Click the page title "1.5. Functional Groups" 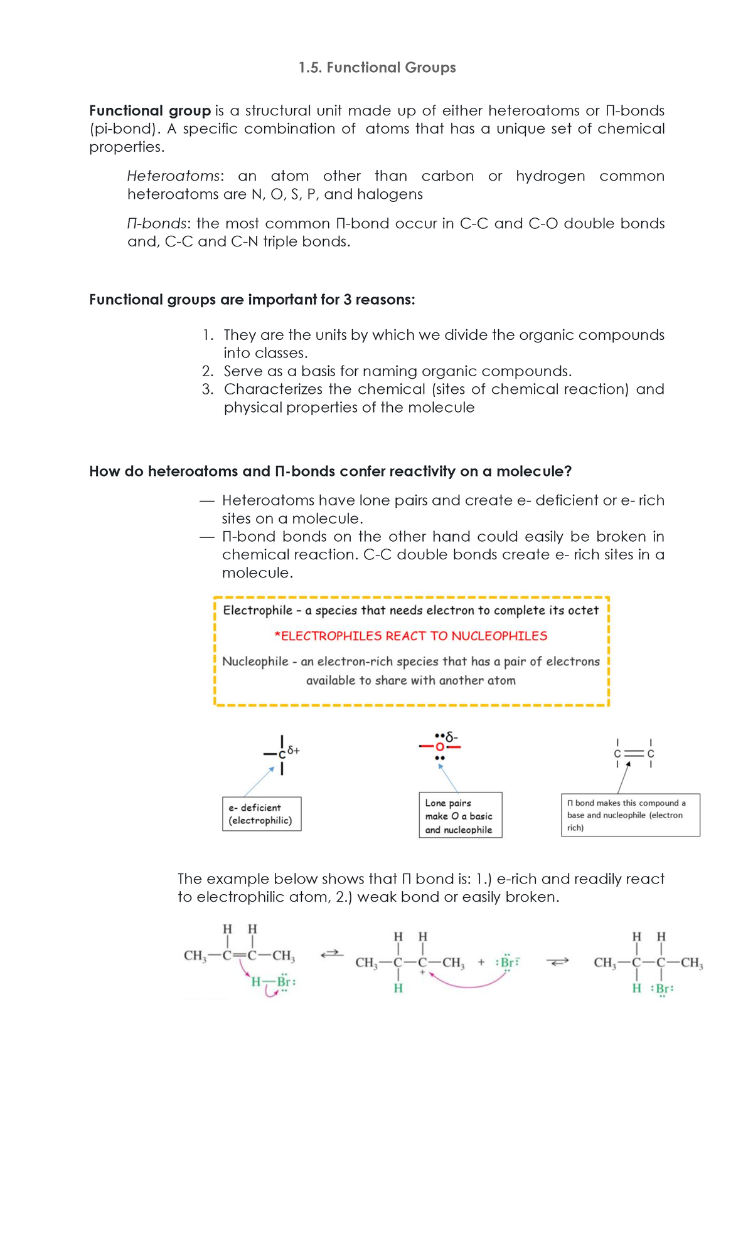click(377, 68)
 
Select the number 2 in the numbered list click(208, 371)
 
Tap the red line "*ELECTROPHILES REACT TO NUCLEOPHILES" click(411, 636)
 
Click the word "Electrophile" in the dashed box click(258, 611)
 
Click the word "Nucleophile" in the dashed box click(255, 662)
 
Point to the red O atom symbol click(439, 747)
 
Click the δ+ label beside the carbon click(294, 750)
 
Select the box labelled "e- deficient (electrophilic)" click(262, 814)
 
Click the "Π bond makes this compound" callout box click(630, 815)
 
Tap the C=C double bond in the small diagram click(634, 753)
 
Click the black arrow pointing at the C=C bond click(622, 778)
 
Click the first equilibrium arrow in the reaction click(332, 954)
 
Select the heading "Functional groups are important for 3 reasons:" click(252, 300)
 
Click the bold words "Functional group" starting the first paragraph click(149, 111)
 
